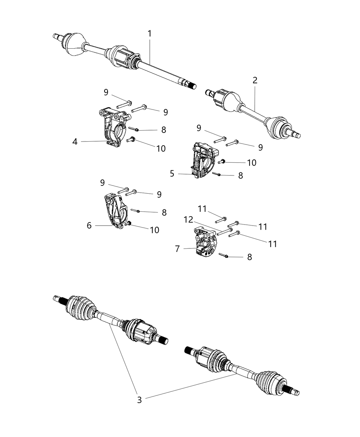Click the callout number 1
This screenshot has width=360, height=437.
tap(149, 34)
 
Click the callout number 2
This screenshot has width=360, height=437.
tap(255, 81)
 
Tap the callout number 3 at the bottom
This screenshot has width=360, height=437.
tap(139, 400)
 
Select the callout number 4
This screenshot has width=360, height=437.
tap(75, 141)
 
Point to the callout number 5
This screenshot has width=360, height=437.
tap(172, 174)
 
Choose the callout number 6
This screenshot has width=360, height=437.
tap(89, 225)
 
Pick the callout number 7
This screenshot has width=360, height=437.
tap(177, 249)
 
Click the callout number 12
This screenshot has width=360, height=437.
tap(188, 219)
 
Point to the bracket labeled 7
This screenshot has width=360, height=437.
tap(204, 242)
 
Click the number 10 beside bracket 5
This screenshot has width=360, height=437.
tap(252, 162)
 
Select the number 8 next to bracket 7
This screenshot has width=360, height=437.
tap(249, 257)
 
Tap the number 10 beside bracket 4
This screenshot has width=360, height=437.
tap(161, 148)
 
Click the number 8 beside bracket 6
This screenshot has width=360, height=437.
tap(164, 213)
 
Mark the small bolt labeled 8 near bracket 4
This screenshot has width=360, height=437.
tap(133, 129)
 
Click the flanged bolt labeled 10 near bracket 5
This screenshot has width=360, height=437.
tap(221, 161)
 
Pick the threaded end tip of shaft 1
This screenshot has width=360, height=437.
tap(194, 86)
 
